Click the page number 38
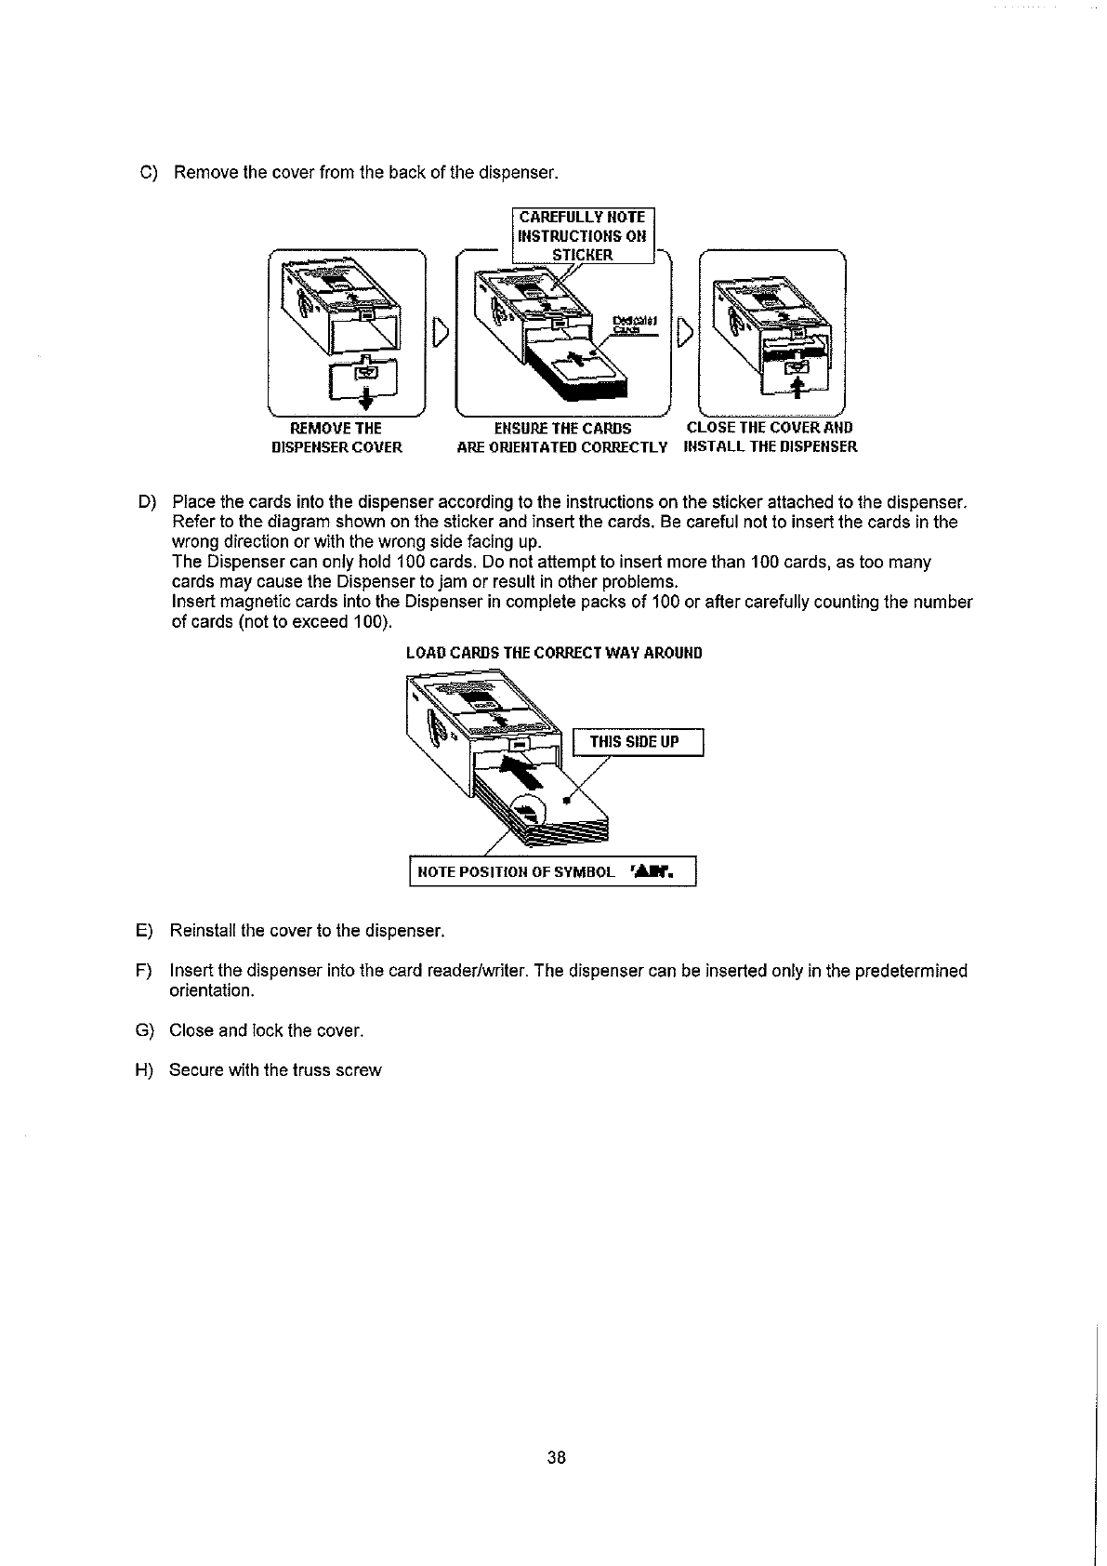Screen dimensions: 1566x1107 coord(556,1457)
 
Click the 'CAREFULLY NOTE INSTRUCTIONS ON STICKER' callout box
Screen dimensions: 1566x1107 coord(583,235)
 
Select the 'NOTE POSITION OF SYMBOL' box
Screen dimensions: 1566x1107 coord(552,872)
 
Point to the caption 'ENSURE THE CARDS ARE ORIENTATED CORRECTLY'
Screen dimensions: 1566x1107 coord(562,437)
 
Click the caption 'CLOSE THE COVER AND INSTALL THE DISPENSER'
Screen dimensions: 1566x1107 coord(770,437)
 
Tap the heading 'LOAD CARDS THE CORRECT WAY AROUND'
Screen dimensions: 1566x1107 coord(554,653)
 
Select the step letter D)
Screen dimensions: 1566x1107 coord(148,503)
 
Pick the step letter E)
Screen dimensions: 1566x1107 coord(144,931)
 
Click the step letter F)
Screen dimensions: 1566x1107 coord(144,971)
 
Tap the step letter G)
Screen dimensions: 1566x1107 coord(144,1030)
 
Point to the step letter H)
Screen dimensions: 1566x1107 coord(144,1070)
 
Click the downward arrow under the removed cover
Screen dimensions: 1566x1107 coord(367,401)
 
